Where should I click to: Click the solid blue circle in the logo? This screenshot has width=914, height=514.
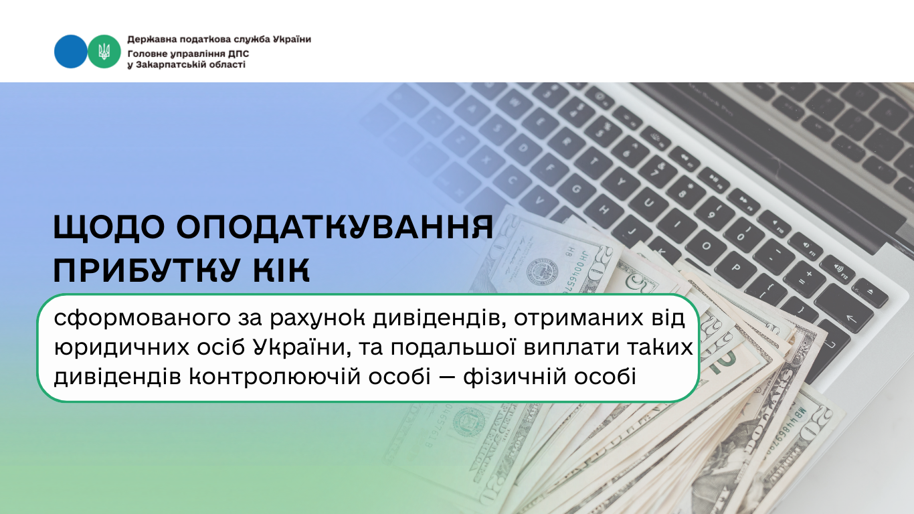click(x=70, y=52)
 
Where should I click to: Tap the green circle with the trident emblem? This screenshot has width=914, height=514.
click(x=104, y=52)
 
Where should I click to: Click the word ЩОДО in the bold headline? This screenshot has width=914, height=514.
click(x=109, y=227)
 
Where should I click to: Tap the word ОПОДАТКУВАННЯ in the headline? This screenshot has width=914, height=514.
click(x=335, y=227)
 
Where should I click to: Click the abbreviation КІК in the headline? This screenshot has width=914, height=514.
click(x=282, y=270)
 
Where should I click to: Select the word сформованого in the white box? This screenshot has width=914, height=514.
click(x=143, y=319)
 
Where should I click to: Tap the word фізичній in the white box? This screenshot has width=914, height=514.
click(x=513, y=376)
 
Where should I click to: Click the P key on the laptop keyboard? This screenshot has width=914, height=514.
click(x=737, y=268)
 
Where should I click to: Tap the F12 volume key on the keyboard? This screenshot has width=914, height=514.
click(x=837, y=269)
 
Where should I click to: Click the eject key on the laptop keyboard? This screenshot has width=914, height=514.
click(x=870, y=292)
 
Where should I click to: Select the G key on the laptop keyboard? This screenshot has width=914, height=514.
click(x=576, y=189)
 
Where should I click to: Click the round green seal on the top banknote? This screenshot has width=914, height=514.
click(x=541, y=272)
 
